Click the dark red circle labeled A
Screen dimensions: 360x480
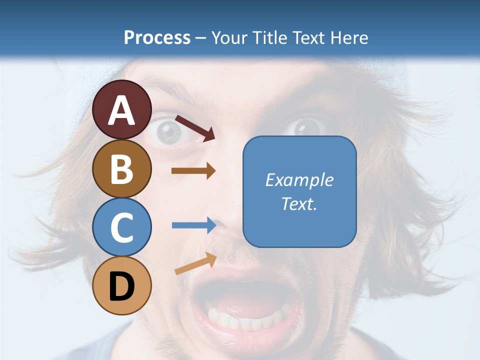(122, 110)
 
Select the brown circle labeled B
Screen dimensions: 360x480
(122, 168)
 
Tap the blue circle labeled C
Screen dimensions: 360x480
(122, 227)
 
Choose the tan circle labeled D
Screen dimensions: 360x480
(122, 286)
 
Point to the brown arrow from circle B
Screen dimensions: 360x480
(193, 171)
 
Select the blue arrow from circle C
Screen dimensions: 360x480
(194, 225)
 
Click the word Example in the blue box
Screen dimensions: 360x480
(299, 180)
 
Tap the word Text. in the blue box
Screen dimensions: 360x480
(299, 204)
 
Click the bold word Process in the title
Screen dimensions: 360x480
(157, 37)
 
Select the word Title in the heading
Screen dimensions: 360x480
(271, 37)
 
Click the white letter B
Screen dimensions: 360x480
(122, 169)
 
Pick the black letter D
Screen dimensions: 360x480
(122, 286)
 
